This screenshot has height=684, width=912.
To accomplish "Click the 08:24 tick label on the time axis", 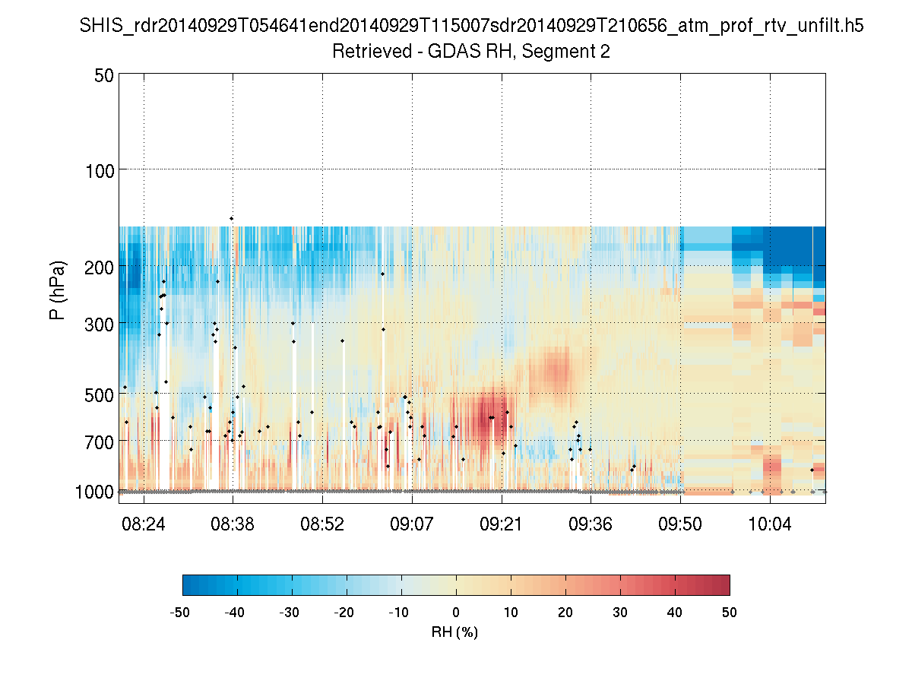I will coord(144,524).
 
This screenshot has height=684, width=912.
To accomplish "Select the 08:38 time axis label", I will coord(233,524).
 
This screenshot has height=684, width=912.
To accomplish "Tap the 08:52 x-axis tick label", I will coord(323,524).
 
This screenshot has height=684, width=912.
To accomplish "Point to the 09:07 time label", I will coord(413,524).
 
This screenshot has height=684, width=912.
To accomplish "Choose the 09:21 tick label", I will coord(502,524).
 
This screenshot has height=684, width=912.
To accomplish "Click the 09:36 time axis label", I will coord(591,524).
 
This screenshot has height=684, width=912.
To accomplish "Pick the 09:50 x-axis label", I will coord(681,524).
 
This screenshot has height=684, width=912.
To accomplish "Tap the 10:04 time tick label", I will coord(771,524).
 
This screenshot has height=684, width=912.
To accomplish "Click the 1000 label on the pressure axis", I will coord(95,492).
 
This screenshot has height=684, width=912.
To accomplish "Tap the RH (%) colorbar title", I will coord(454,632).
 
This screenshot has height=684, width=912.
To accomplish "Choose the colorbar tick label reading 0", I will coord(456,613).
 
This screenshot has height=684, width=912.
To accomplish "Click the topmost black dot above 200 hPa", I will coord(231,219).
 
